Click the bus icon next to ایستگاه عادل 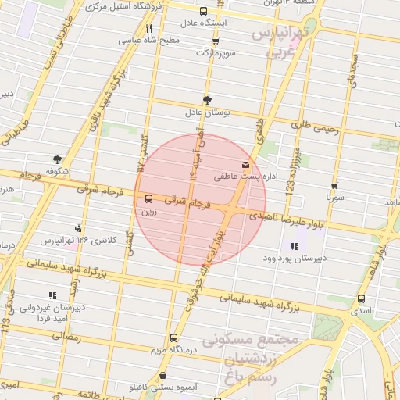(204, 12)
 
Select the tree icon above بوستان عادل (207, 100)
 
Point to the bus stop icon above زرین (148, 198)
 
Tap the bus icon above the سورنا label (334, 186)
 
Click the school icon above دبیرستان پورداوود (294, 247)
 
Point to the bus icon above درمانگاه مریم (173, 338)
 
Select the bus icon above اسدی (361, 298)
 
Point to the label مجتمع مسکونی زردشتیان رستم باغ (252, 359)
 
